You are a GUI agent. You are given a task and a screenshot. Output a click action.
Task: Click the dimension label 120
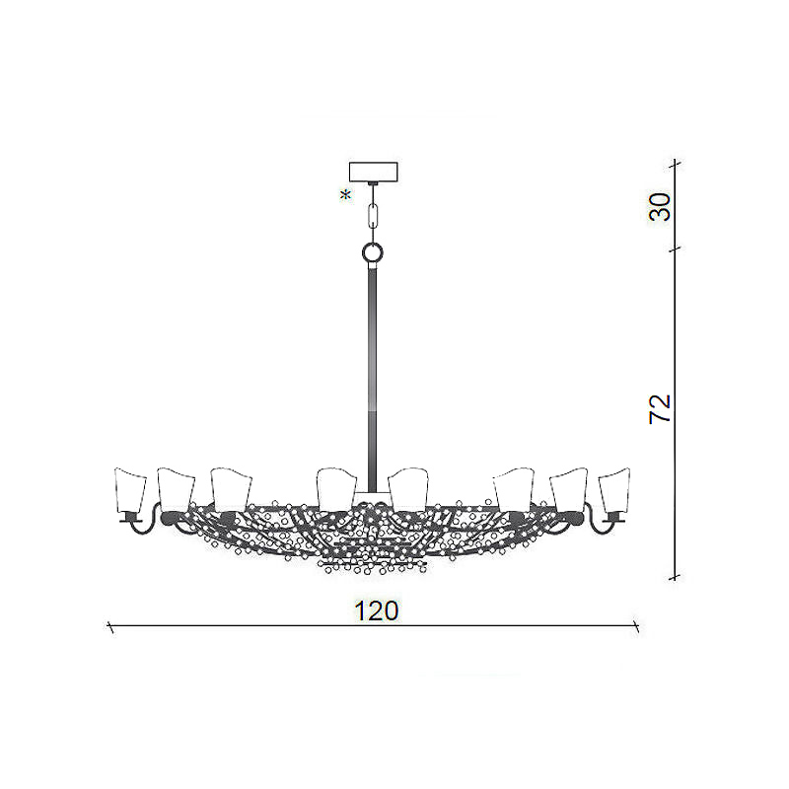pos(377,610)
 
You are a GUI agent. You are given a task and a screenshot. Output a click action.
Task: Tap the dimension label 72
pos(660,408)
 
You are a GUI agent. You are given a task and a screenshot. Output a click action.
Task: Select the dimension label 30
pos(660,207)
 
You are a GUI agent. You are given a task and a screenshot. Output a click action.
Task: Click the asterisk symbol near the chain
pos(346,195)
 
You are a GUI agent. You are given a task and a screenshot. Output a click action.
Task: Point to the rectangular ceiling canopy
pos(374,172)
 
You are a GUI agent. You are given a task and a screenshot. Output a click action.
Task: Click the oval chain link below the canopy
pos(373,215)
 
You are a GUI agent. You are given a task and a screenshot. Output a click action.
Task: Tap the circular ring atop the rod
pos(373,251)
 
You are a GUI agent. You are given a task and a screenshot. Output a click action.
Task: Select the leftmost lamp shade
pos(130,490)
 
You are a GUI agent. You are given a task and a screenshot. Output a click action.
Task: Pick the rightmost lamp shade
pos(614,490)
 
